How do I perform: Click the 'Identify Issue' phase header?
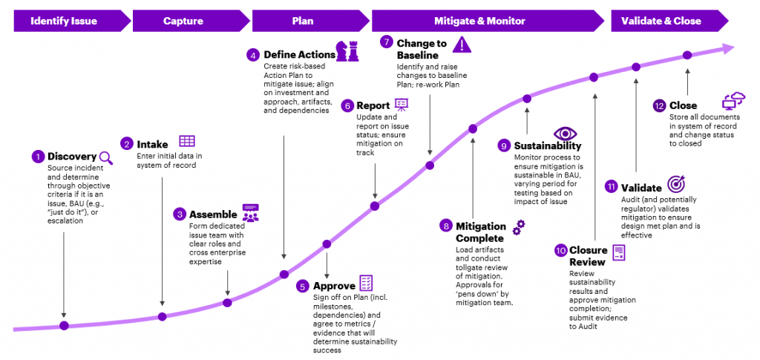[x=64, y=21]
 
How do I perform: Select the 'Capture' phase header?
[x=183, y=21]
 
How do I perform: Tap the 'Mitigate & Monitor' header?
[x=479, y=21]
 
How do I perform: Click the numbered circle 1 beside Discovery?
[x=37, y=157]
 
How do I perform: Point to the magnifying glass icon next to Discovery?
[x=106, y=157]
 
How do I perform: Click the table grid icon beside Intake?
[x=187, y=141]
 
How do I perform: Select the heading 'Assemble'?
[x=213, y=214]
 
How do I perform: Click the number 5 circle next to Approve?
[x=302, y=286]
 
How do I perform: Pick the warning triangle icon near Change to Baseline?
[x=462, y=44]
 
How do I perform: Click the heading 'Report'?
[x=373, y=105]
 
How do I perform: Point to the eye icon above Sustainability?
[x=566, y=134]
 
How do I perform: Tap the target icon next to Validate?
[x=677, y=184]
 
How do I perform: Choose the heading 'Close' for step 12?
[x=683, y=105]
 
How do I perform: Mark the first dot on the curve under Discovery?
[x=64, y=325]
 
